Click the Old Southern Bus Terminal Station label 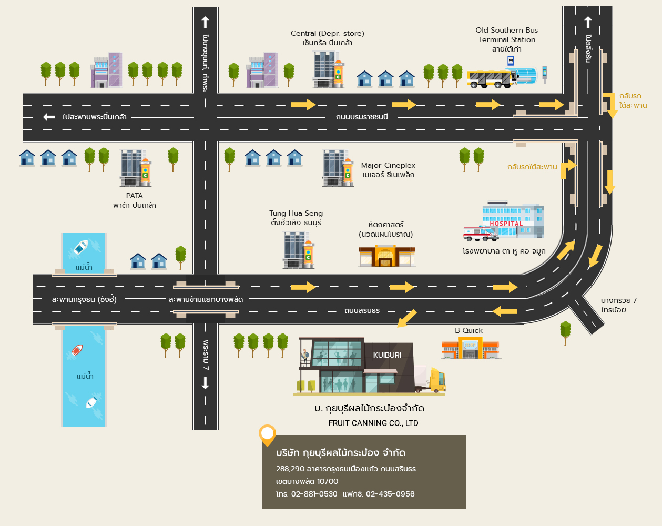(x=506, y=35)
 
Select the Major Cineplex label (x=388, y=166)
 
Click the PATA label (x=134, y=196)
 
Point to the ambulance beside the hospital (x=480, y=234)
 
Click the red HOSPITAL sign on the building (x=506, y=224)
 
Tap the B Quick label (x=469, y=330)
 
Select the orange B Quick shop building (x=470, y=349)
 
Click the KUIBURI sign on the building (x=387, y=355)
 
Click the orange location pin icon (x=268, y=434)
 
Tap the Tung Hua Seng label (x=296, y=213)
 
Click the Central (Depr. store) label (x=327, y=33)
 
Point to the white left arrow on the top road (x=49, y=117)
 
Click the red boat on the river (x=77, y=350)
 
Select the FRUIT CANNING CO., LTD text (x=373, y=423)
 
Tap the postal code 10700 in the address (x=327, y=481)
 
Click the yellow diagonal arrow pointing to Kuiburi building (x=406, y=319)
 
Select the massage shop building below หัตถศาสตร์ (x=386, y=257)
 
